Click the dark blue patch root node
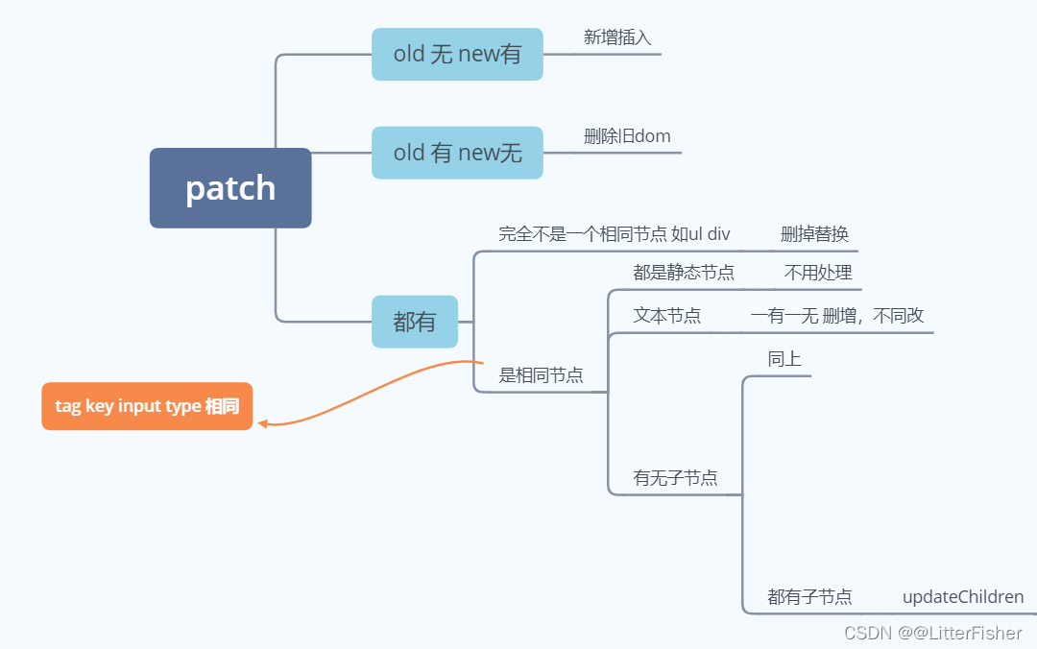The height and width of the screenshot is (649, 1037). point(230,188)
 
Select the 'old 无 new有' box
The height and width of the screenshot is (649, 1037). point(457,54)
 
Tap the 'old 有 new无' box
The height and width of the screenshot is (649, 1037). point(457,153)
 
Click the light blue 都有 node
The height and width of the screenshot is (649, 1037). point(415,322)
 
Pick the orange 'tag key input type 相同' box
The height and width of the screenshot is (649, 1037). point(147,406)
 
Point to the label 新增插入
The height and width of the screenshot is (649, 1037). point(617,37)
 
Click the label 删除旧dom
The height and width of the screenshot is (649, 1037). point(627,136)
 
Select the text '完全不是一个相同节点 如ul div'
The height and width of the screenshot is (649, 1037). point(615,234)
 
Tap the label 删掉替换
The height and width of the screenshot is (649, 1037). point(814,234)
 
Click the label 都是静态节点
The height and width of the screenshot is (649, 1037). point(684,273)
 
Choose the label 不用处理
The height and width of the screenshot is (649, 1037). point(818,273)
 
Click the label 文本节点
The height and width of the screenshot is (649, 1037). point(666,316)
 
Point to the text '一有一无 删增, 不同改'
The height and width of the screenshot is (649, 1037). point(837,316)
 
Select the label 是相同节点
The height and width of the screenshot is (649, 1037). point(541,375)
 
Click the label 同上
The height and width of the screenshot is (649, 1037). point(784,360)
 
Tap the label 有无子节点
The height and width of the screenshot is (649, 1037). point(675,478)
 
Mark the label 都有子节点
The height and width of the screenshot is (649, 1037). point(809,597)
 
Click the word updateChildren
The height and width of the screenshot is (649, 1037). point(963,597)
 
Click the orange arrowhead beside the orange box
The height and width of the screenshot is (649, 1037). point(263,422)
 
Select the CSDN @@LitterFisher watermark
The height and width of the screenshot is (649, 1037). point(932,633)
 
